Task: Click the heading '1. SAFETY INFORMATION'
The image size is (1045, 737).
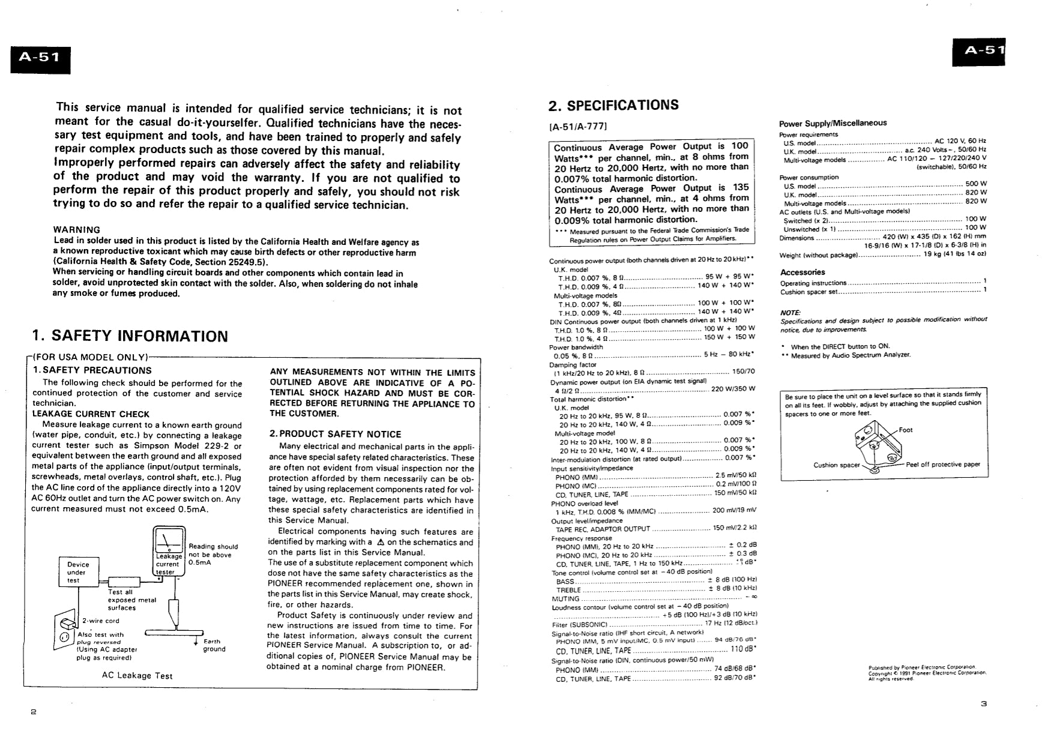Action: pos(130,335)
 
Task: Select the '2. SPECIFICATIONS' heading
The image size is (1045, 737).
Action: pos(613,106)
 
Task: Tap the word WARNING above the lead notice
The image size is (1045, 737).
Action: pos(77,230)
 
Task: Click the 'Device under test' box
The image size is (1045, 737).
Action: pos(78,573)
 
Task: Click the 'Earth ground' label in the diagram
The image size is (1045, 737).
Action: pos(213,645)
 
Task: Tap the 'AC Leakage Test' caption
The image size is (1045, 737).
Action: pos(137,676)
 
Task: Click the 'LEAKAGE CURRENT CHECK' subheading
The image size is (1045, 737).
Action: pos(91,414)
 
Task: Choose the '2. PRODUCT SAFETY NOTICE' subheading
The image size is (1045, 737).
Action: pos(335,434)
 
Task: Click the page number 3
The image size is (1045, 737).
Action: pos(984,703)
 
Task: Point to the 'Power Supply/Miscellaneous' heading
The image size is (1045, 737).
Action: pos(833,123)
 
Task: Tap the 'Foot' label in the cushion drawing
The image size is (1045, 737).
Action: pos(906,430)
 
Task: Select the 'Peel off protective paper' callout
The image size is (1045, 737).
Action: pos(943,465)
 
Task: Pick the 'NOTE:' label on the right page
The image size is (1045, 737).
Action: pos(790,313)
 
